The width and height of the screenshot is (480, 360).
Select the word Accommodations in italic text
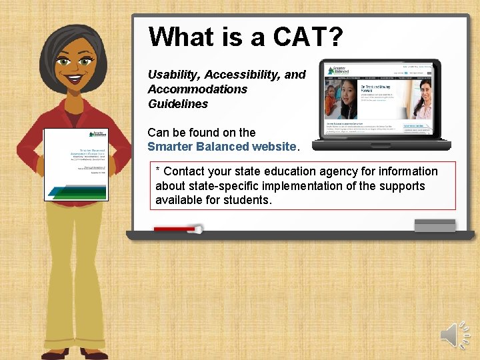coord(197,89)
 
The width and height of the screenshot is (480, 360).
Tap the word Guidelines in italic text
coord(178,104)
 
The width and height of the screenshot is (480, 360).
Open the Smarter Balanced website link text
coord(221,147)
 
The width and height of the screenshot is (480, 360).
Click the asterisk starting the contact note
coord(158,172)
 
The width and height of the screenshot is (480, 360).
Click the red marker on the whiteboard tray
coord(177,229)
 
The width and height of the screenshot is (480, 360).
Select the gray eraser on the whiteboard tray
coord(435,225)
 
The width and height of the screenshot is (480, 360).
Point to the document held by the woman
coord(75,164)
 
